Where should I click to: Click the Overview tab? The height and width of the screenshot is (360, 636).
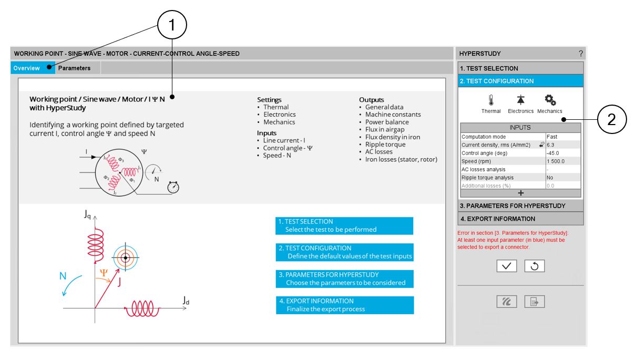pos(27,68)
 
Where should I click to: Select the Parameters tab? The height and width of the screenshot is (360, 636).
pos(74,68)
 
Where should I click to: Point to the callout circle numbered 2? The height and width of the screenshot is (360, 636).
pos(612,120)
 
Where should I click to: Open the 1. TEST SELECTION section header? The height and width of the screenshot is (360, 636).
pos(520,68)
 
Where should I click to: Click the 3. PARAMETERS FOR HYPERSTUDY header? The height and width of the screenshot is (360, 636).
pos(520,205)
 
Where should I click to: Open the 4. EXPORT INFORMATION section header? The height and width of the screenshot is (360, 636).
pos(520,219)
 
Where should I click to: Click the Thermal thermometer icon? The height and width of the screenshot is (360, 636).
pos(491,100)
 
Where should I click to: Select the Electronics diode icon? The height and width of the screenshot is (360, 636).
pos(520,100)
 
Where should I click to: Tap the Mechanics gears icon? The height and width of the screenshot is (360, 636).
pos(550,100)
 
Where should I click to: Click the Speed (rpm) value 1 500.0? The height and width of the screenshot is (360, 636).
pos(562,161)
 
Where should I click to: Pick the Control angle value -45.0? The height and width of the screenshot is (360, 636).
pos(562,153)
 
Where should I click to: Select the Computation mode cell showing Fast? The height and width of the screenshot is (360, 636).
pos(562,137)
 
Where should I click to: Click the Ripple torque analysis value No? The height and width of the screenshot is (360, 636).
pos(562,178)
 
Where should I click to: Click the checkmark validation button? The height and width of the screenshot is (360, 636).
pos(506,266)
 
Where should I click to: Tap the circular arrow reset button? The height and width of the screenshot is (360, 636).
pos(535,266)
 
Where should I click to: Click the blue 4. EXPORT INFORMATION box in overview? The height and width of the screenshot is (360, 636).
pos(345,305)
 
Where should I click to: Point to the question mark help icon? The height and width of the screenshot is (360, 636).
pos(581,54)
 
